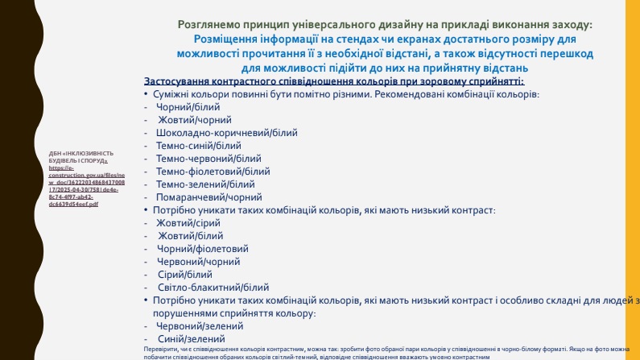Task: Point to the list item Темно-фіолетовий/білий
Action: pos(213,171)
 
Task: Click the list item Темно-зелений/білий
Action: pos(205,184)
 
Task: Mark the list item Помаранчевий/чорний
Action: pos(209,197)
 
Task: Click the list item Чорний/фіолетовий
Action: pos(202,248)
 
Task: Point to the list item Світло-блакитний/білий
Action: pos(213,287)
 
